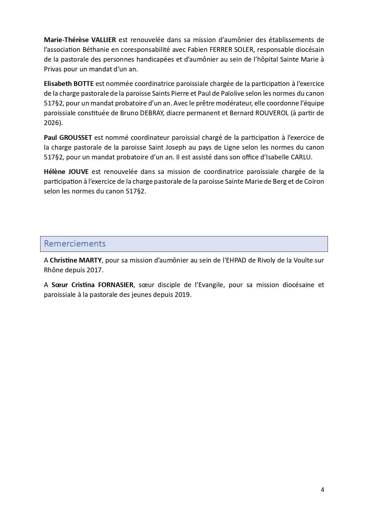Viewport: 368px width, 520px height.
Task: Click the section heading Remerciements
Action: pos(75,244)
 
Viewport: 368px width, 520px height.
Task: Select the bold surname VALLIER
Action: pos(103,40)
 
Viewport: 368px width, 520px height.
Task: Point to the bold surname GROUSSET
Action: pos(76,137)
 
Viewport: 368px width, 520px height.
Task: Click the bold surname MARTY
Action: pos(90,260)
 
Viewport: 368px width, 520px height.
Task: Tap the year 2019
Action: pos(183,295)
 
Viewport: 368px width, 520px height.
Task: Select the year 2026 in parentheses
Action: pos(52,123)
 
